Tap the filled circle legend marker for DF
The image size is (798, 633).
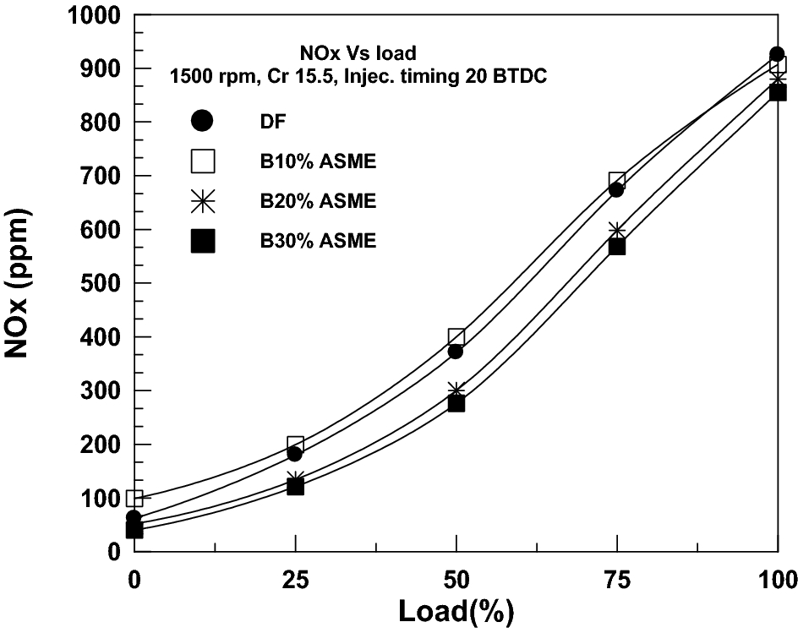coord(203,121)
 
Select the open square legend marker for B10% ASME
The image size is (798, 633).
coord(203,161)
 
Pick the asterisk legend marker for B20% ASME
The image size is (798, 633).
coord(203,201)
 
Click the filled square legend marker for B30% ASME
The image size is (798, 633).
coord(203,241)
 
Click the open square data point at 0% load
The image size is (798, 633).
coord(134,499)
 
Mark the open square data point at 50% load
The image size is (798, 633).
coord(456,337)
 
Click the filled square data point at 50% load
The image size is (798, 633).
coord(456,403)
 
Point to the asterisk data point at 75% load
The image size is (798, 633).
coord(617,231)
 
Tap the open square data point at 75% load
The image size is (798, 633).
coord(617,180)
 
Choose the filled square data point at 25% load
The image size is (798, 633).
coord(295,487)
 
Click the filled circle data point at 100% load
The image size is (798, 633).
coord(777,54)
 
